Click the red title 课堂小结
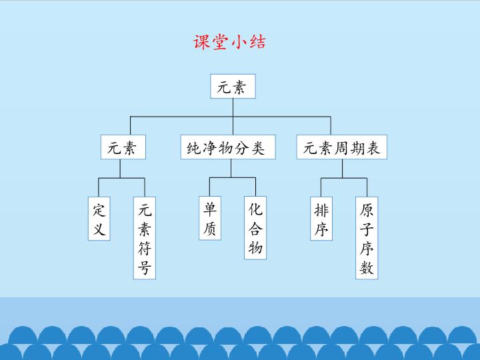(229, 42)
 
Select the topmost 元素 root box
(232, 86)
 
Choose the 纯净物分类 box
(231, 147)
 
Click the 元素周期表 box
(342, 147)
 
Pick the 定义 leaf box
(99, 219)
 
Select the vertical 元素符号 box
(145, 239)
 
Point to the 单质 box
(209, 219)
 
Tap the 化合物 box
(255, 229)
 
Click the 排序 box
(321, 219)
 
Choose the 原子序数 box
(367, 238)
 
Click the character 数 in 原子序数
(367, 268)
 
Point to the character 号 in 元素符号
(145, 269)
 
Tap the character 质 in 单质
(209, 229)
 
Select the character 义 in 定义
(99, 229)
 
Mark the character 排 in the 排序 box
(321, 210)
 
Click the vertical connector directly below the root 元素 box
(232, 107)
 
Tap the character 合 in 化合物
(255, 229)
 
